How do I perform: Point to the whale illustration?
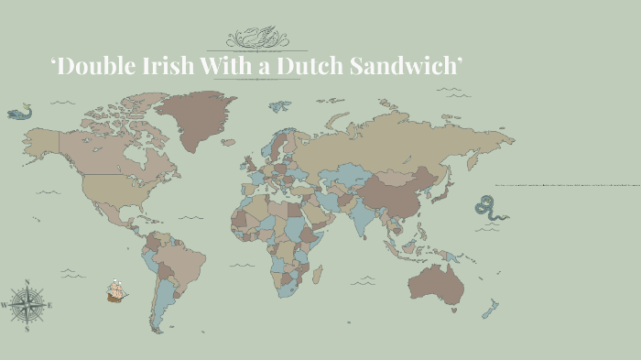(x=19, y=113)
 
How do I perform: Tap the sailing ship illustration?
(x=116, y=290)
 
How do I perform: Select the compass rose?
(x=27, y=304)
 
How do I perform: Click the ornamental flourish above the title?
(x=257, y=38)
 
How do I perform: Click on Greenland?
(x=194, y=117)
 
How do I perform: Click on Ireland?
(x=243, y=167)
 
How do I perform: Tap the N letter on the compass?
(x=27, y=282)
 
